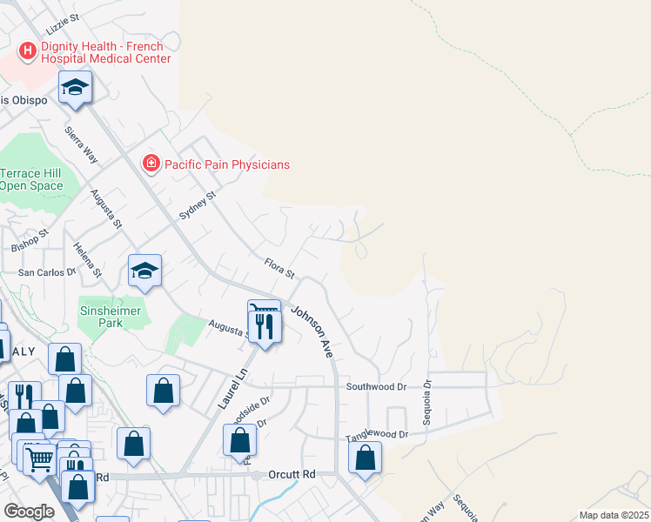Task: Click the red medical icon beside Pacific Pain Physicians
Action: (x=151, y=163)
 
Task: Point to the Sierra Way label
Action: (x=81, y=144)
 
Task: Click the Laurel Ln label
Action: (x=232, y=391)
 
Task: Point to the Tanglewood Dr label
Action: (x=377, y=434)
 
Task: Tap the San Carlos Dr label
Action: (x=48, y=273)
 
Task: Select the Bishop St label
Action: (x=29, y=242)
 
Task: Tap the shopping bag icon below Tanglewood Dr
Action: (x=366, y=458)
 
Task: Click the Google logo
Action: (x=30, y=511)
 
